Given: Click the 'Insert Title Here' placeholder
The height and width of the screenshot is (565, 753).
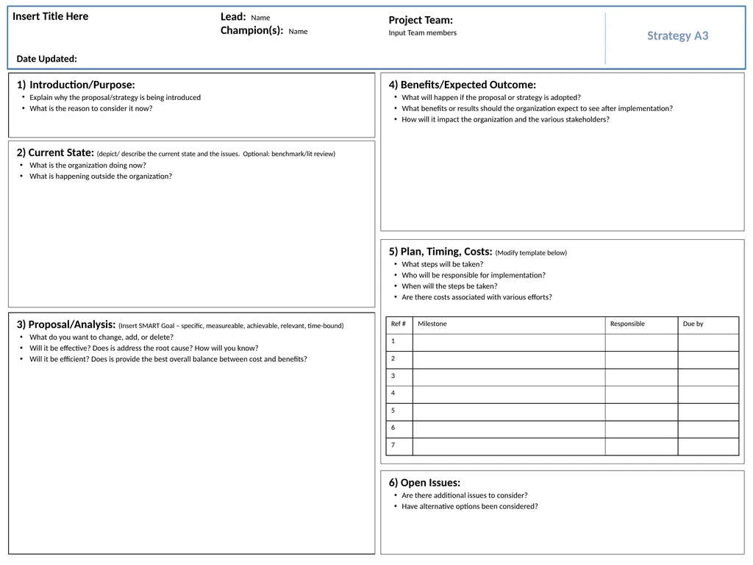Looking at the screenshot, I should [x=51, y=17].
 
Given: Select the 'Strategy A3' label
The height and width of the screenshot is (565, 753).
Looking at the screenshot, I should [x=677, y=36].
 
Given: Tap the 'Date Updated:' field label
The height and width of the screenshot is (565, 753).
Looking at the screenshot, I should [x=47, y=59].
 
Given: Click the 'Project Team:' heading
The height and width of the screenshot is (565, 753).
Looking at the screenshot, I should [x=421, y=21].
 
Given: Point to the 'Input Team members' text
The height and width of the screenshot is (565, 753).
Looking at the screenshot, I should [x=422, y=33].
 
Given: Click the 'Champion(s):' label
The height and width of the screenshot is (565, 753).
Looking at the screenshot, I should [x=252, y=31].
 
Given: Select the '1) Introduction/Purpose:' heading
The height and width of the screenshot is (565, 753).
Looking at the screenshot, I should [x=76, y=85].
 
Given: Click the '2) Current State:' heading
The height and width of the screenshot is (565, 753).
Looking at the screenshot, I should [x=55, y=153].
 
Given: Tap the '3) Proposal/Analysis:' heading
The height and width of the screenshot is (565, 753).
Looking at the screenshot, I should [x=66, y=324].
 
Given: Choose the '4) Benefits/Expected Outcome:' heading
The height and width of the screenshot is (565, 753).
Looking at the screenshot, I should [x=463, y=85].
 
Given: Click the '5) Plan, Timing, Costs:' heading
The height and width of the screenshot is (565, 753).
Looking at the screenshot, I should [x=440, y=252].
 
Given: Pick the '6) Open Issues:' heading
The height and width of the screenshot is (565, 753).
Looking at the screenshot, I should [x=424, y=483].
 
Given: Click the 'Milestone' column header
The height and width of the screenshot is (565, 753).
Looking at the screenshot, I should [x=432, y=324].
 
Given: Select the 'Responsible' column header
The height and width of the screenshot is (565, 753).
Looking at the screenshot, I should [x=627, y=324].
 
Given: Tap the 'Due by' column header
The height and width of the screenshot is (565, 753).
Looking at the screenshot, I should [x=693, y=324].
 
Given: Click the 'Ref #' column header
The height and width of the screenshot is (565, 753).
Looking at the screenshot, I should [x=399, y=324].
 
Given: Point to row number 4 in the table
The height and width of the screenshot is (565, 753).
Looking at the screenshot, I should [x=393, y=394].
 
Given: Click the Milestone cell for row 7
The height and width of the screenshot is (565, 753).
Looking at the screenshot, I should [x=508, y=446].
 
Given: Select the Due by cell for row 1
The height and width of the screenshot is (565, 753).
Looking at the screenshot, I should [x=707, y=342].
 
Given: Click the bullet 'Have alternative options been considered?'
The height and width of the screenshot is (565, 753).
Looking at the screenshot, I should [x=469, y=506].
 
